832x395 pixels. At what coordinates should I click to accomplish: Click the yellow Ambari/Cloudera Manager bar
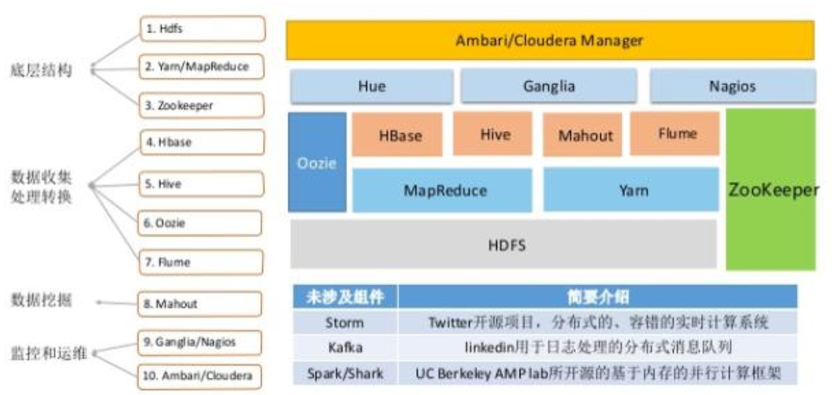coord(550,40)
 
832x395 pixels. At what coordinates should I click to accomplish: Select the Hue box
coord(372,86)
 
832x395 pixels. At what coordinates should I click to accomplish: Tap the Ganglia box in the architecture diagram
coord(549,86)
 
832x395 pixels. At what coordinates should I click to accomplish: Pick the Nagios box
coord(733,86)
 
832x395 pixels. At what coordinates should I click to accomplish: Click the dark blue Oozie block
coord(317,163)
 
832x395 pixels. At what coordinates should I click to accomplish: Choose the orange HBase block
coord(397,135)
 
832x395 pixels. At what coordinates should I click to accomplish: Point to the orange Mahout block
coord(582,135)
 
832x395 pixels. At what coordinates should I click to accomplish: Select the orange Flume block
coord(675,133)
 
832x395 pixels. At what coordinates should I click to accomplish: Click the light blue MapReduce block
coord(443,191)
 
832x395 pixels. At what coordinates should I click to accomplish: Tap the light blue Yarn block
coord(631,190)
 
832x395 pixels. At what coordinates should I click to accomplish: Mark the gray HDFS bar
coord(504,244)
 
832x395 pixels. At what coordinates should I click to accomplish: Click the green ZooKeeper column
coord(771,190)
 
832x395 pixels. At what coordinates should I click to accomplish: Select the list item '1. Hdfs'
coord(203,29)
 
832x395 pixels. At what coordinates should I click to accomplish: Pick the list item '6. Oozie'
coord(200,223)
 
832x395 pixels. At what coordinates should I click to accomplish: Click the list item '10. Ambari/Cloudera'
coord(200,376)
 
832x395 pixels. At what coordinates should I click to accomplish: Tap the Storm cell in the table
coord(345,322)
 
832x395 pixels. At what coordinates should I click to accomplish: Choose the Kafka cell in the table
coord(345,348)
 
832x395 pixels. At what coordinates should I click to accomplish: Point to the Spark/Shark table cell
coord(345,373)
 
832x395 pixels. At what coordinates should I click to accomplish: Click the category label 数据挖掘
coord(41,300)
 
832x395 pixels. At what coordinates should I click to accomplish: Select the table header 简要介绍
coord(598,296)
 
